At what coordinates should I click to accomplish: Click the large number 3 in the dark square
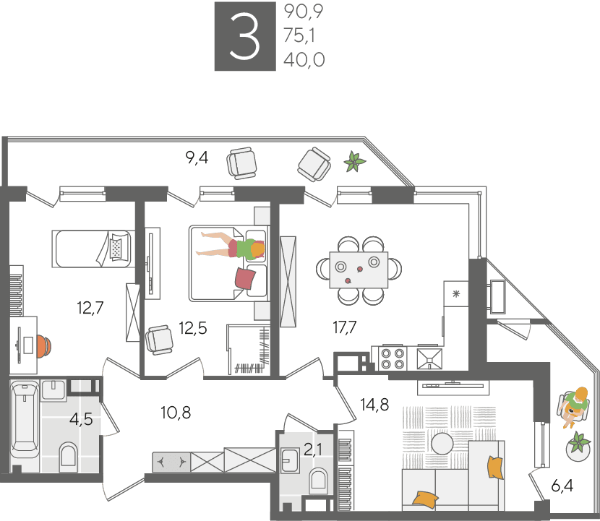[x=244, y=37]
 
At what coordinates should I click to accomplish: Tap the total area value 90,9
[x=304, y=12]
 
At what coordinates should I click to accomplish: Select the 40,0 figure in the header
[x=304, y=60]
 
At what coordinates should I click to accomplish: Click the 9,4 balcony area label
[x=197, y=158]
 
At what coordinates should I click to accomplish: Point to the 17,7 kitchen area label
[x=345, y=327]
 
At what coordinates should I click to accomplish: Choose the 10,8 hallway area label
[x=176, y=413]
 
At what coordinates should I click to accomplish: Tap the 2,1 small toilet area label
[x=313, y=449]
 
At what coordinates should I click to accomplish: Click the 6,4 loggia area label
[x=562, y=486]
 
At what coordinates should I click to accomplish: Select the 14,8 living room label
[x=374, y=405]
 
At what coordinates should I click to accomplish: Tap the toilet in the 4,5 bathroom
[x=69, y=457]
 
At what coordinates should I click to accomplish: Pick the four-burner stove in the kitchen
[x=393, y=358]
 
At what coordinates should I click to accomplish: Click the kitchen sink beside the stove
[x=429, y=359]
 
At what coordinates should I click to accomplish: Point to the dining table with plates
[x=359, y=270]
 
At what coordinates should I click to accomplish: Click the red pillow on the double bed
[x=245, y=278]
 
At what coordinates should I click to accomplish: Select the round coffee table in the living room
[x=442, y=444]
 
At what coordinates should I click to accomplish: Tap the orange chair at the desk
[x=44, y=346]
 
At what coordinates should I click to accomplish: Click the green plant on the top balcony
[x=355, y=161]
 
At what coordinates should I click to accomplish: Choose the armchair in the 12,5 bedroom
[x=159, y=340]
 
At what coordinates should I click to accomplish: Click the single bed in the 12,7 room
[x=92, y=249]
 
